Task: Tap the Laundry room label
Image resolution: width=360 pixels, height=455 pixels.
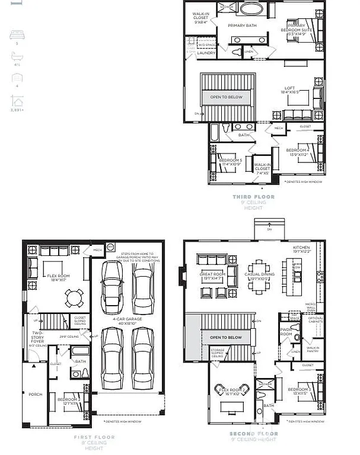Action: tap(206, 53)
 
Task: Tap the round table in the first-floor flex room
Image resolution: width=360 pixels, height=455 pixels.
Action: tap(74, 296)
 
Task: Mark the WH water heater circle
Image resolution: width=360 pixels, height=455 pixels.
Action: tap(110, 246)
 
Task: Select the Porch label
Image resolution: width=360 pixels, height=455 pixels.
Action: tap(35, 393)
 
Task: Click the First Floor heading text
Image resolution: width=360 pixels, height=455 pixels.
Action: tap(94, 437)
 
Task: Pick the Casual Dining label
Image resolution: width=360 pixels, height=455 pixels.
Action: tap(258, 274)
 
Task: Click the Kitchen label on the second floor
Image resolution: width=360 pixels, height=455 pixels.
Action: tap(302, 248)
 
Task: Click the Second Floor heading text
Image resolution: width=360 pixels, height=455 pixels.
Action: tap(254, 434)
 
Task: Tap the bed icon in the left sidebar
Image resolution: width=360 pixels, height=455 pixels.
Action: tap(17, 36)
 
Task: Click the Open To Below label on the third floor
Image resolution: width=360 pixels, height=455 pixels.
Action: tap(226, 97)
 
